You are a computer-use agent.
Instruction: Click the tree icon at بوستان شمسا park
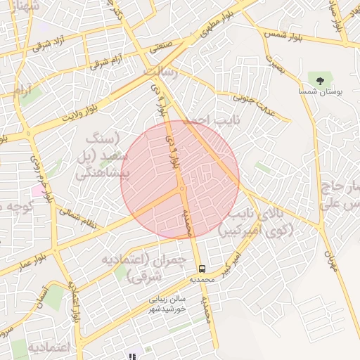point(321,81)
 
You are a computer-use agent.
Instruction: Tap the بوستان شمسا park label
point(321,92)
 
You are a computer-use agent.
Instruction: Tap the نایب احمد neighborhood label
point(208,121)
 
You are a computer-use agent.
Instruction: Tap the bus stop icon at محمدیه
point(202,269)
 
